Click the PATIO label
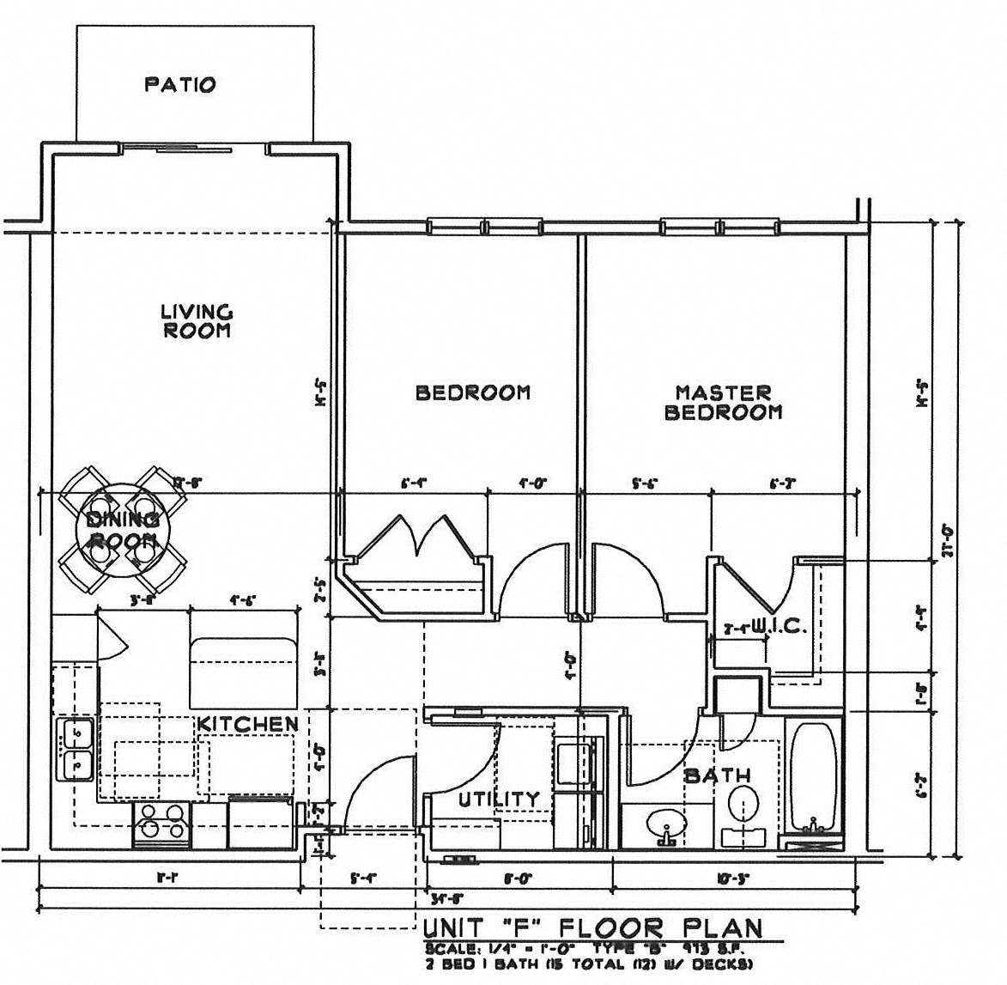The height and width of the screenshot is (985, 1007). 179,85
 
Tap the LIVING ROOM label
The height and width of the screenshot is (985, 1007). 197,321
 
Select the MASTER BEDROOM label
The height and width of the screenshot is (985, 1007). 723,402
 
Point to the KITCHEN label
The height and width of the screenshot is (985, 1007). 248,724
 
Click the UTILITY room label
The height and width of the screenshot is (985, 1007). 499,800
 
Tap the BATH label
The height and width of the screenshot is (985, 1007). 717,775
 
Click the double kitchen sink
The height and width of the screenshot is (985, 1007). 76,749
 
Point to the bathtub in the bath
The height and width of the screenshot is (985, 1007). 815,778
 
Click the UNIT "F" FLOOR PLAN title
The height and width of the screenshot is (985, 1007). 593,927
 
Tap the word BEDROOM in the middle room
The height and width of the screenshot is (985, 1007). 473,392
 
